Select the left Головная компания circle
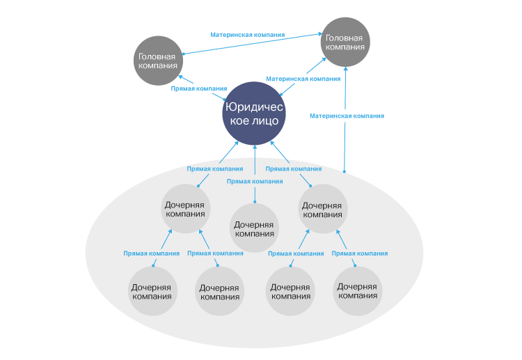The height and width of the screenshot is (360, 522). [158, 61]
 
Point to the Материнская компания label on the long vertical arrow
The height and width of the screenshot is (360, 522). [347, 116]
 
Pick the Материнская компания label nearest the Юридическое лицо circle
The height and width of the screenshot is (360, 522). [303, 79]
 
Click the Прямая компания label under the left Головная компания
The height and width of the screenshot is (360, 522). [199, 88]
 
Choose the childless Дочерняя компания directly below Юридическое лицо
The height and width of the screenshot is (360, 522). [254, 229]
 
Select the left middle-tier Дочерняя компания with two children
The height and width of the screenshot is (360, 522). [185, 210]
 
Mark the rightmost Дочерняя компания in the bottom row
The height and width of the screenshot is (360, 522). [357, 290]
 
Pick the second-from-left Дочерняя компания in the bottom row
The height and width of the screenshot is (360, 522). [219, 292]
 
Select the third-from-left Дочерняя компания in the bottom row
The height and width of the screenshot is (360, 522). [290, 291]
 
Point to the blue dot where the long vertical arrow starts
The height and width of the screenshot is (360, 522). [345, 171]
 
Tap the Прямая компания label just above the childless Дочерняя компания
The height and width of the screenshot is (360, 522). [255, 181]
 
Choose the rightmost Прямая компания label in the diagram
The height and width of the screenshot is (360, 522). [359, 253]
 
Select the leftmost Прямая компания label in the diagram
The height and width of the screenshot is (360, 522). [151, 253]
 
